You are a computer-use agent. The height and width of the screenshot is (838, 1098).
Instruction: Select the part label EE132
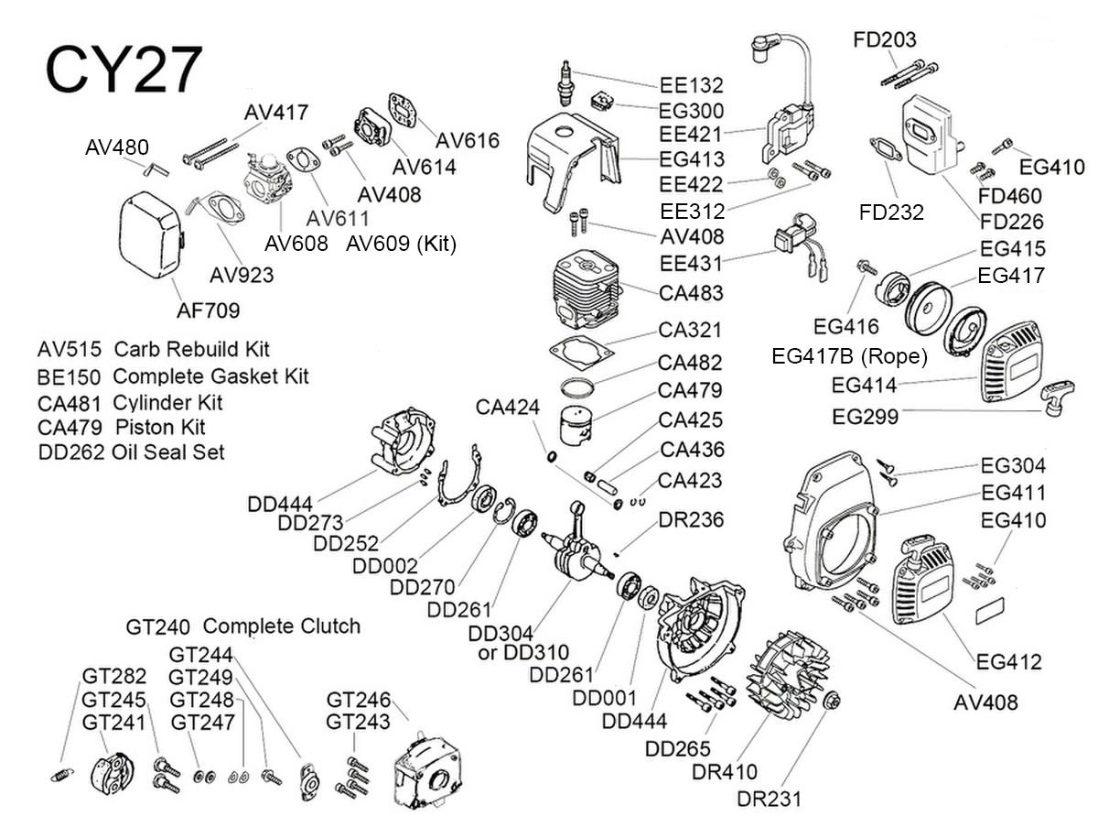click(x=691, y=85)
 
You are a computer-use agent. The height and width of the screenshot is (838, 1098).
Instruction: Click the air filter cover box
click(x=153, y=238)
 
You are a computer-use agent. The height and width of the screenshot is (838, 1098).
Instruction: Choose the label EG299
click(x=865, y=417)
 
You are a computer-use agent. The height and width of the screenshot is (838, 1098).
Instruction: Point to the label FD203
click(x=884, y=40)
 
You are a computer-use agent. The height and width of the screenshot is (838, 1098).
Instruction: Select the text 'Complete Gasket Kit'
click(x=210, y=375)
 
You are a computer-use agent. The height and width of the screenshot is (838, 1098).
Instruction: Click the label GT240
click(x=157, y=627)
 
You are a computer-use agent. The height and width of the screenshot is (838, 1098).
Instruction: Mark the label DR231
click(x=769, y=798)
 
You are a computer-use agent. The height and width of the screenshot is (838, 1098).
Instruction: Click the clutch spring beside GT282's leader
click(x=60, y=775)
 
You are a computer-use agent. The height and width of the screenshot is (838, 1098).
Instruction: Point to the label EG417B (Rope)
click(x=850, y=355)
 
